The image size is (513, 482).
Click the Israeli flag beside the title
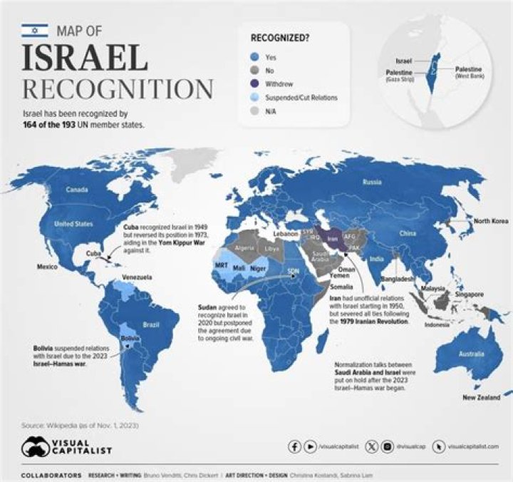[x=35, y=30]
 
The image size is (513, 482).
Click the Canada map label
[x=77, y=190]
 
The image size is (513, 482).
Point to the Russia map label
[x=371, y=182]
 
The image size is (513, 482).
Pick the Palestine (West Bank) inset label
[x=470, y=72]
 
